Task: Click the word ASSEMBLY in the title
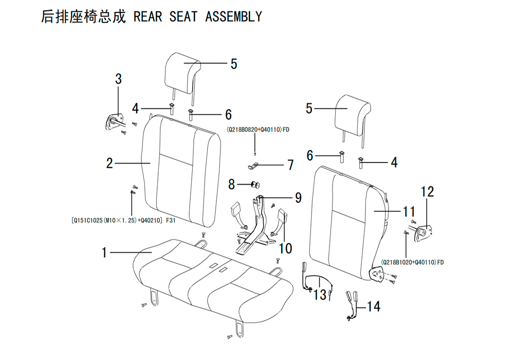pos(234,16)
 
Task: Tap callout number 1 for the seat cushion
pos(104,253)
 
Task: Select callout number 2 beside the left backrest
pos(109,163)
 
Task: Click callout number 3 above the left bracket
pos(118,79)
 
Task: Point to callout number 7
pos(290,165)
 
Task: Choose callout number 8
pos(231,184)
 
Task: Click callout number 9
pos(298,197)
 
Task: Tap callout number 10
pos(285,248)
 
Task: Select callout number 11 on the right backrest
pos(409,211)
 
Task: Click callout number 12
pos(428,192)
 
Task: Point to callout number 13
pos(320,294)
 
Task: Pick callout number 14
pos(373,307)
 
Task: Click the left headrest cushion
pos(183,73)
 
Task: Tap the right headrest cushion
pos(353,115)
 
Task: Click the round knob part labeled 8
pos(255,185)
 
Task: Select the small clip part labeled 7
pos(252,166)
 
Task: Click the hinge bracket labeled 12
pos(424,232)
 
